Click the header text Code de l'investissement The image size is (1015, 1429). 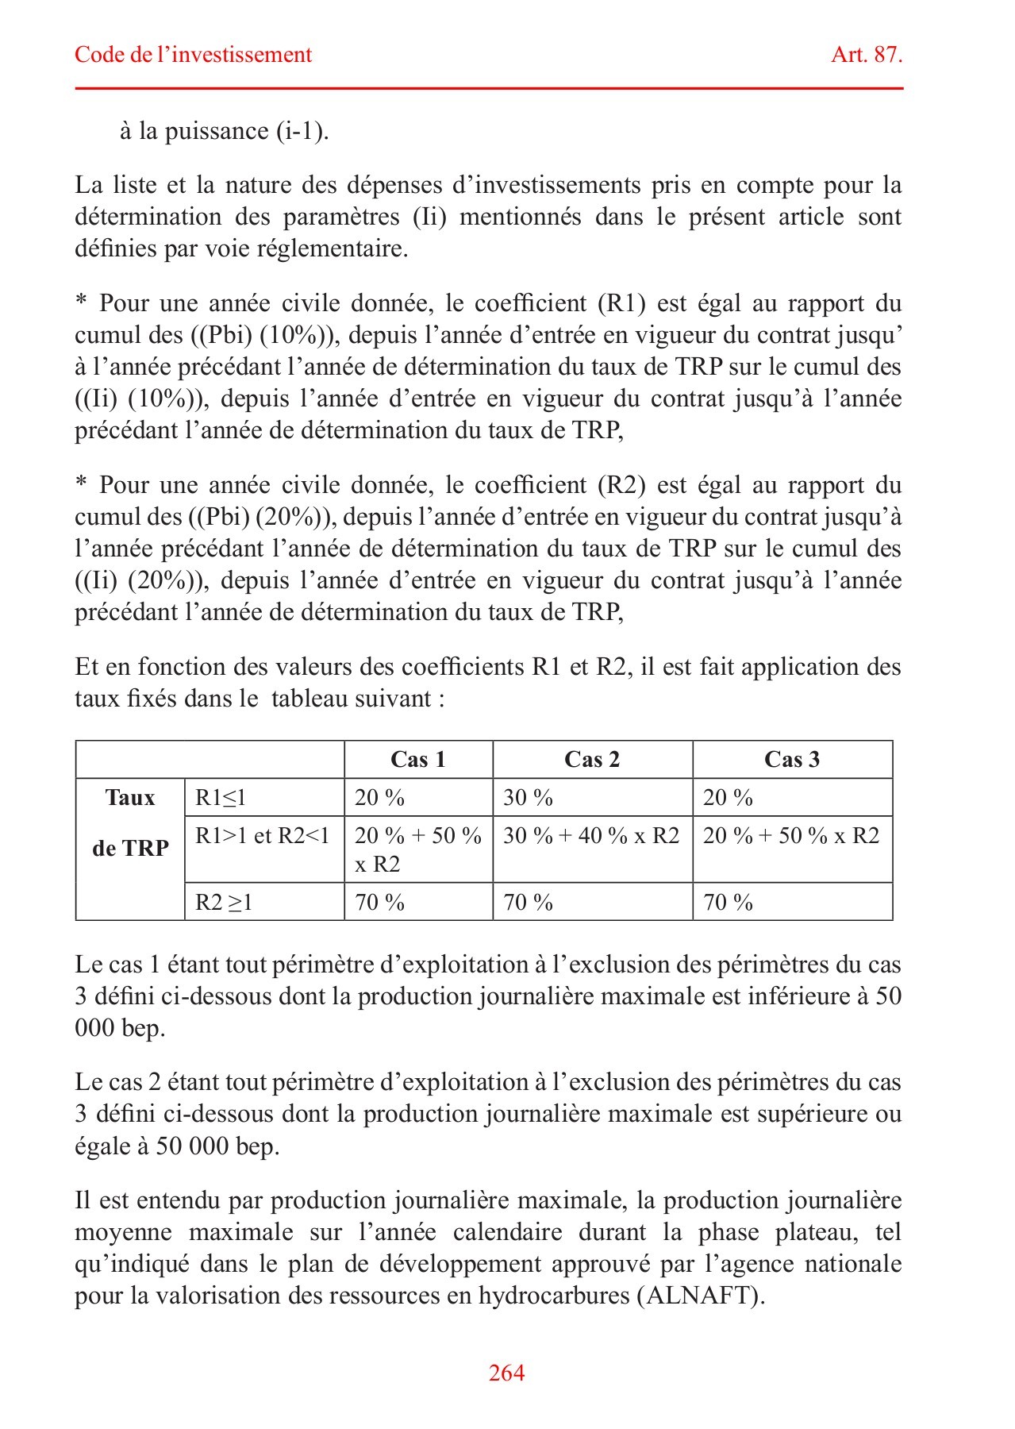tap(193, 55)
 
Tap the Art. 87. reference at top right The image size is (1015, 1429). tap(866, 55)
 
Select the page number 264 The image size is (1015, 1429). tap(506, 1373)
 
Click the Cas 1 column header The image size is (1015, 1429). tap(418, 760)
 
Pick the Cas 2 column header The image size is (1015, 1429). tap(592, 760)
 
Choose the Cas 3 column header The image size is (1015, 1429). tap(791, 760)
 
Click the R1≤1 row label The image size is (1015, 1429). tap(221, 798)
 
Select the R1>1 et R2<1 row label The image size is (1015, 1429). tap(263, 836)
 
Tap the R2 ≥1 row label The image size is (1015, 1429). tap(224, 903)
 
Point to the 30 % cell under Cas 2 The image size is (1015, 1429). tap(528, 798)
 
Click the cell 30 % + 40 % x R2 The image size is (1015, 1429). tap(591, 836)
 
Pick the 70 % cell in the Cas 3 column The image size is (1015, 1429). tap(728, 903)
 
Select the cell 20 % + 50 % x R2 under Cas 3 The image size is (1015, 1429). tap(791, 836)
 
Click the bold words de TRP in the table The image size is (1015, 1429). tap(130, 849)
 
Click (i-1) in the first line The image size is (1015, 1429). tap(302, 131)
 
